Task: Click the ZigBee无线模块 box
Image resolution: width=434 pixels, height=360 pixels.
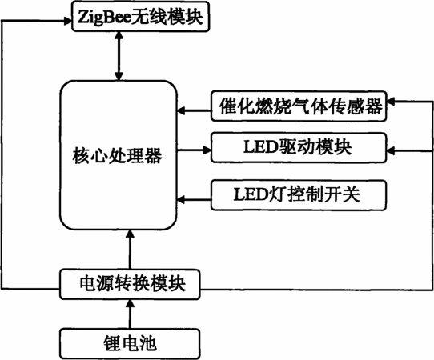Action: pos(141,17)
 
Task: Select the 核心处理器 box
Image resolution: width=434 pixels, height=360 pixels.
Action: pos(119,155)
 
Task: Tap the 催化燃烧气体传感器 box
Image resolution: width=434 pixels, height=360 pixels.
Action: pos(299,106)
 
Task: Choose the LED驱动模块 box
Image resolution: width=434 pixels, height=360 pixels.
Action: pos(299,148)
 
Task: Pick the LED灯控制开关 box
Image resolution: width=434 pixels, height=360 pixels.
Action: pos(299,195)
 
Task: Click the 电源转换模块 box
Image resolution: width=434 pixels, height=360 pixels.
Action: pos(130,284)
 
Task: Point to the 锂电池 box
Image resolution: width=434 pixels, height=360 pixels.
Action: pos(130,344)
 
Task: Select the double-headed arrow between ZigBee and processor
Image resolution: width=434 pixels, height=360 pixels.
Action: pos(119,56)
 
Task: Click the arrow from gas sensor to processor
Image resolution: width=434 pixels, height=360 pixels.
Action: pos(194,111)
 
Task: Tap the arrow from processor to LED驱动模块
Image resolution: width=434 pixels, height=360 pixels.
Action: pos(194,150)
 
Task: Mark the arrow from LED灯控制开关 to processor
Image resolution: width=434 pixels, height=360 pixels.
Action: pos(194,199)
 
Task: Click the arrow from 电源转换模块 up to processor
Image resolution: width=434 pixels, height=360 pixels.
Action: pos(130,250)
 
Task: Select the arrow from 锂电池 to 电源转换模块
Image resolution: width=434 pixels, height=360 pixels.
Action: pos(130,314)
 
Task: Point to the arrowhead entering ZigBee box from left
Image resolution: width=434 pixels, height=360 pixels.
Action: pos(68,21)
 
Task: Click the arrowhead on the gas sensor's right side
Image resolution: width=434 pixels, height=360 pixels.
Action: pos(391,102)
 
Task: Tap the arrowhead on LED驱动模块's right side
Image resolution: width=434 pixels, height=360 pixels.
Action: pos(391,150)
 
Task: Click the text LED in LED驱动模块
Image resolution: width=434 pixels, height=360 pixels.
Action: pos(260,147)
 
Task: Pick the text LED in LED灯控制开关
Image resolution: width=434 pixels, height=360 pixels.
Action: pos(250,194)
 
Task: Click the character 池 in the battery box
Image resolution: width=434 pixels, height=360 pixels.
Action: pos(147,344)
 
